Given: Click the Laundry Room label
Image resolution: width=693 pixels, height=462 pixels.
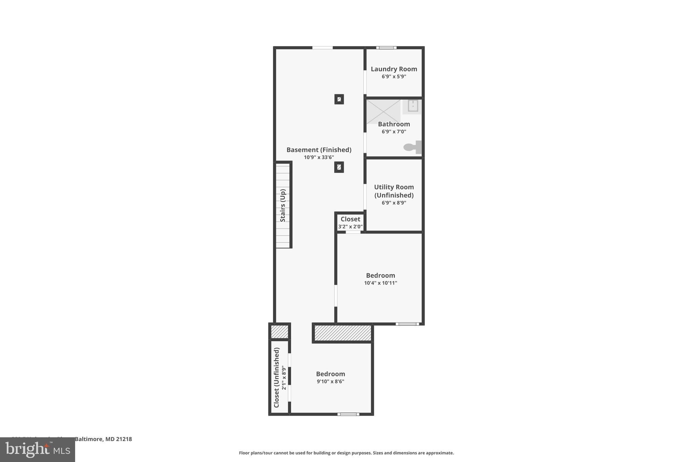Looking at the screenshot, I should point(394,69).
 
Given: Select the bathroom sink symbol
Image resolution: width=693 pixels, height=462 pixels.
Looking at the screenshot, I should point(412,106).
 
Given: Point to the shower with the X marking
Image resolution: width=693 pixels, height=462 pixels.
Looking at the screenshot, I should point(383,111).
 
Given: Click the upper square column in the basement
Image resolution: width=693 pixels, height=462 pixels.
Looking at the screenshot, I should point(339,99).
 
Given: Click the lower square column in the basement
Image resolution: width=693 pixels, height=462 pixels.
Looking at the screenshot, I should point(339,167).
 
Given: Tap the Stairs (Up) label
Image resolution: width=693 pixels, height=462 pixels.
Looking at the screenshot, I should point(283,205).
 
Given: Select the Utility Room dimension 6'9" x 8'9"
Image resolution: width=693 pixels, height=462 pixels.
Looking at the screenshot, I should point(394,203).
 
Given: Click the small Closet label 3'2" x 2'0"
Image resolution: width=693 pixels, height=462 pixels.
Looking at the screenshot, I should point(350,219).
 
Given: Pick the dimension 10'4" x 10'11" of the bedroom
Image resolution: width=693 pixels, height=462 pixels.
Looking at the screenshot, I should point(380,283).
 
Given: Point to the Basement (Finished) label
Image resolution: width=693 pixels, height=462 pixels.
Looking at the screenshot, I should point(319,150).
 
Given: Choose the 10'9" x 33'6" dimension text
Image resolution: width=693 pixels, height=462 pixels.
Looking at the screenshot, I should point(319,157).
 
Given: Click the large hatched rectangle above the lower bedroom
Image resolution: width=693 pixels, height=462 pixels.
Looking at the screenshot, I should point(343,333).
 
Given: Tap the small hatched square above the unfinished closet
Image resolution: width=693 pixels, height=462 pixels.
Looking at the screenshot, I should point(280,332).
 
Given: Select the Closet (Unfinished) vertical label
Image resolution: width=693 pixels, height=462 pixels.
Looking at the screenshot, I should point(276,377).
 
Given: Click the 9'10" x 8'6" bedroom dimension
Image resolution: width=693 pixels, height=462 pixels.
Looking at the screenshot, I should point(330,381).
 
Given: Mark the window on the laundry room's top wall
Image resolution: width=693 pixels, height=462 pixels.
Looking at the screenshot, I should point(386,48).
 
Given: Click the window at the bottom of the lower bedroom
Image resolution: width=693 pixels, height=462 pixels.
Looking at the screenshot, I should point(348,414).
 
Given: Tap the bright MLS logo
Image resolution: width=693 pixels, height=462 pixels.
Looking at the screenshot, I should point(38,449).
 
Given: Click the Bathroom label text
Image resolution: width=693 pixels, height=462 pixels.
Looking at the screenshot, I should point(394,124).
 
